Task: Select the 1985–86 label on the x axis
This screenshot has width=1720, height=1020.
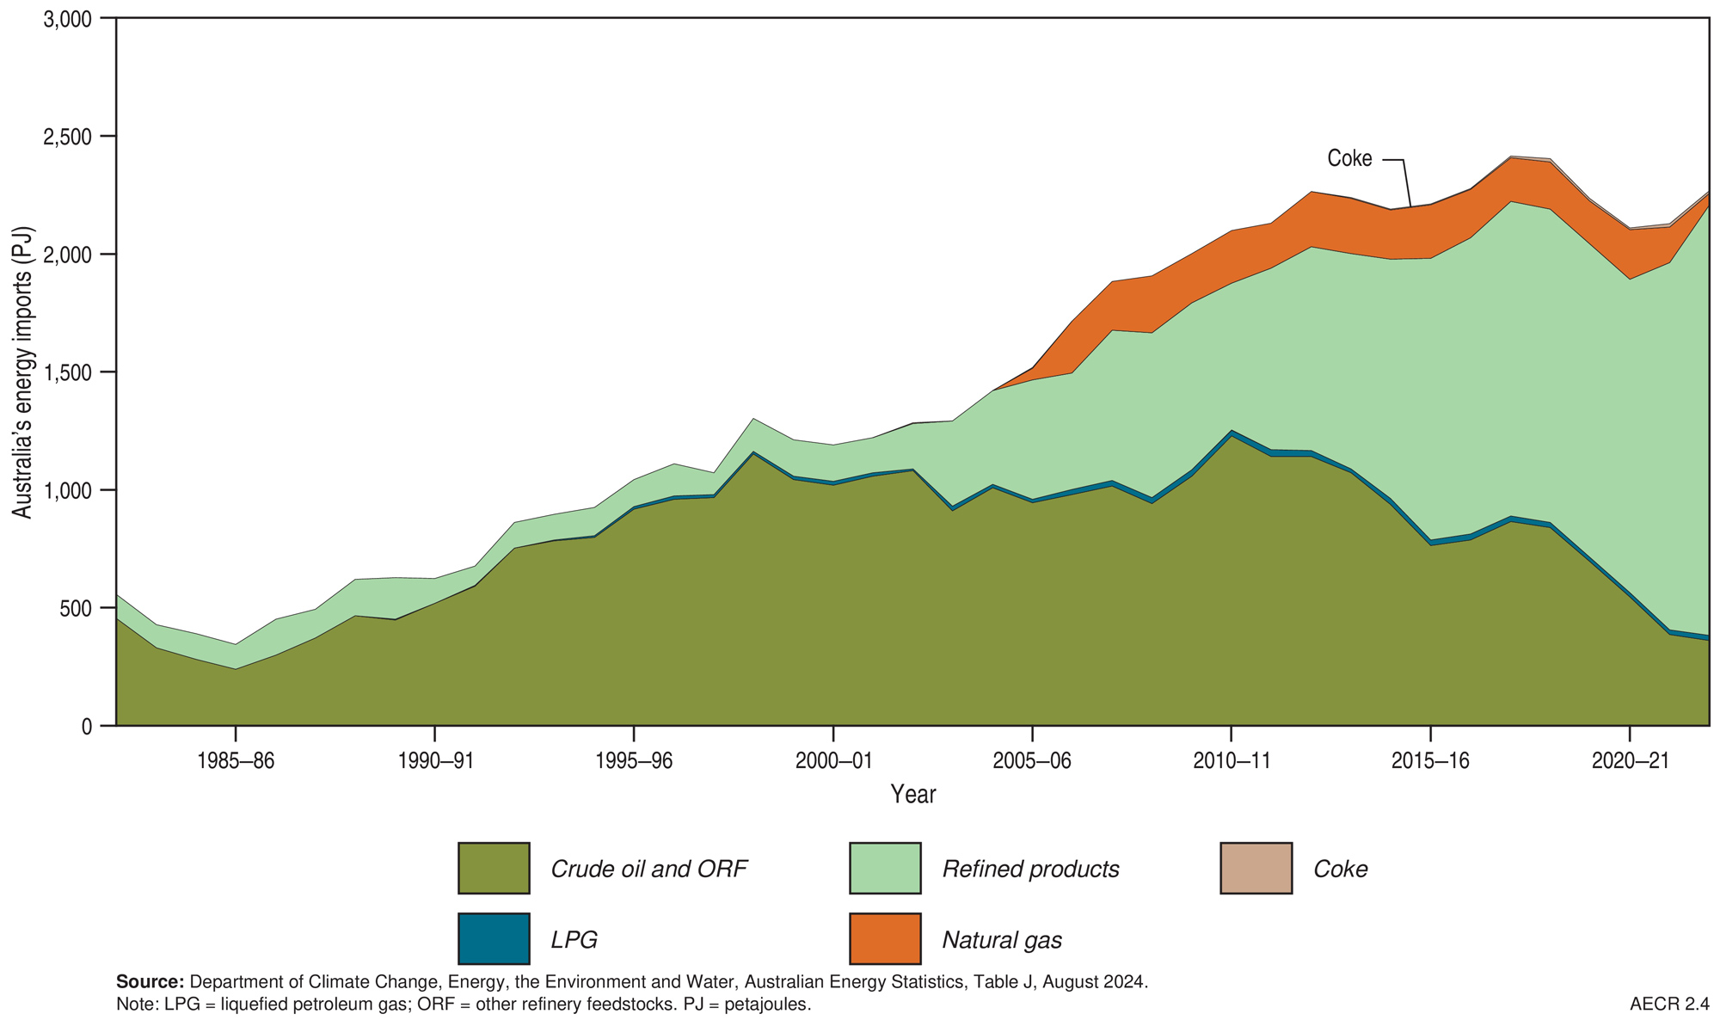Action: click(x=235, y=761)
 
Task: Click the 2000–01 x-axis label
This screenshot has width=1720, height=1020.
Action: click(x=832, y=761)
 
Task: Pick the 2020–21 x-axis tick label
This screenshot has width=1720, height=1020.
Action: click(x=1629, y=761)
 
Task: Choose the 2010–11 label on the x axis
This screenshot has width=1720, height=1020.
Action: click(x=1231, y=761)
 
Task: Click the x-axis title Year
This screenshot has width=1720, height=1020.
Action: click(x=912, y=794)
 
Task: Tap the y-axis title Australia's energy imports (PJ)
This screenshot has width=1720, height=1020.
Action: click(x=23, y=372)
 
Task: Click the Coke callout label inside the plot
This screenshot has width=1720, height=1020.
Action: click(x=1349, y=159)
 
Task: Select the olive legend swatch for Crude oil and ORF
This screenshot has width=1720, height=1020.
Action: click(x=494, y=869)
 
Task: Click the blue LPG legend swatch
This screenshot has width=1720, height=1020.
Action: click(x=494, y=939)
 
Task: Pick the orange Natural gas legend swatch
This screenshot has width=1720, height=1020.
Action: click(x=884, y=939)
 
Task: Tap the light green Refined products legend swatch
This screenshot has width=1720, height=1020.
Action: click(x=884, y=869)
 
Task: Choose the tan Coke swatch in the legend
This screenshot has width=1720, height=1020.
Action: click(x=1256, y=869)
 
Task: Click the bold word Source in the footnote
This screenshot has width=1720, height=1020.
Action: click(x=150, y=982)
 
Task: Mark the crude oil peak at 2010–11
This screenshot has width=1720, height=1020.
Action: click(x=1231, y=435)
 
